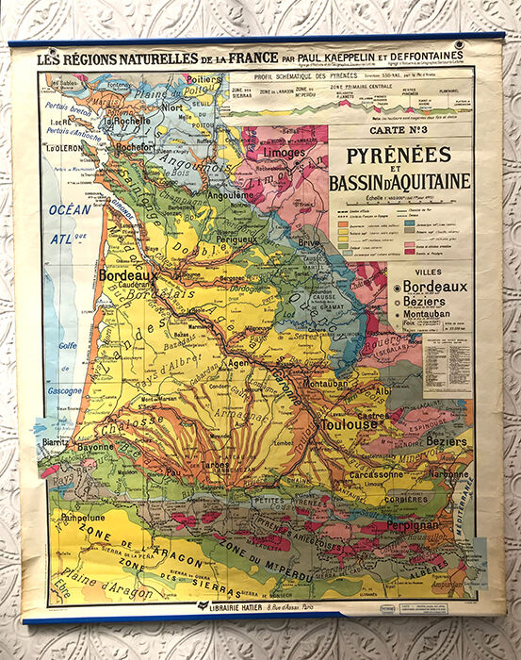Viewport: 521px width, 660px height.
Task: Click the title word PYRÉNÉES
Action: point(384,155)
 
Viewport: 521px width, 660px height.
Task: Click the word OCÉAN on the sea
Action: point(70,208)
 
